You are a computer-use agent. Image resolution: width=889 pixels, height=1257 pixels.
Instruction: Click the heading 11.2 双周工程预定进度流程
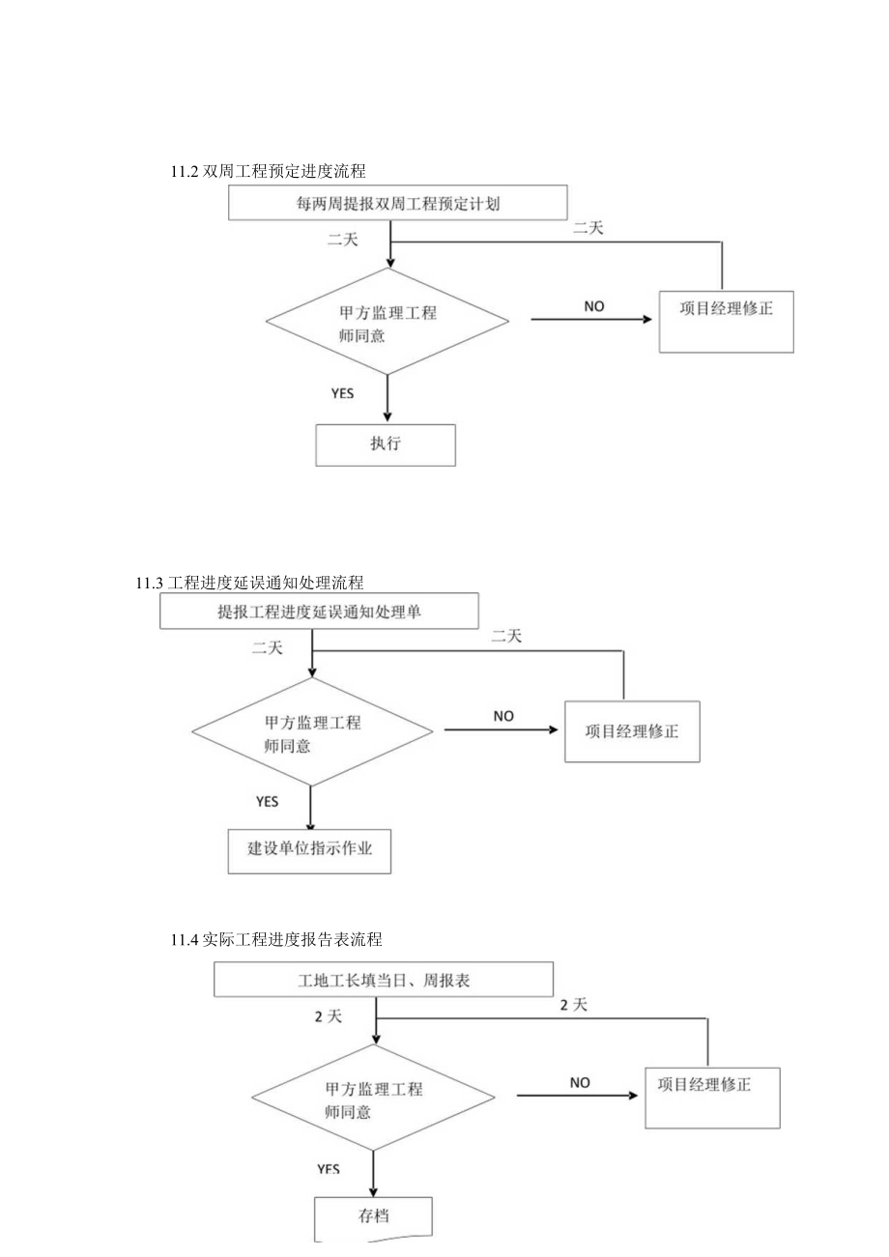(268, 171)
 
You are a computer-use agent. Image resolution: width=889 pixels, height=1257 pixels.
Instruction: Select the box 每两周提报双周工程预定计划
(397, 204)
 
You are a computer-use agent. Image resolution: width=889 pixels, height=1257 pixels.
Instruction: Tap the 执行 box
(386, 444)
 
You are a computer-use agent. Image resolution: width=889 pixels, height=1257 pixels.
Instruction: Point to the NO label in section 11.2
(594, 306)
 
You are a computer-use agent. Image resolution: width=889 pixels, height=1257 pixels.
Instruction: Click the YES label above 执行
(343, 393)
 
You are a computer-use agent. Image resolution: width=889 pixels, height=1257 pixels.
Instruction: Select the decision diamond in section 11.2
(387, 325)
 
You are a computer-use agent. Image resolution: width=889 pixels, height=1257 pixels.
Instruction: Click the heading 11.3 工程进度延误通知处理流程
(250, 582)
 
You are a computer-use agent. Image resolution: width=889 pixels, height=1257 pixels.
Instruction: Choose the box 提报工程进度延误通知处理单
(319, 612)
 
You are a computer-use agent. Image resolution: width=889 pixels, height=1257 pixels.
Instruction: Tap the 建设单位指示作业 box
(310, 850)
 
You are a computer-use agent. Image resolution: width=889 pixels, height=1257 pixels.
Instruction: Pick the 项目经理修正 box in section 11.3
(632, 730)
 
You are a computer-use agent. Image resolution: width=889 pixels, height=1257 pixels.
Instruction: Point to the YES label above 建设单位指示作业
(268, 801)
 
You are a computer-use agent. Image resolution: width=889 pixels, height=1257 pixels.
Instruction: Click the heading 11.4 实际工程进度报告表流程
(276, 939)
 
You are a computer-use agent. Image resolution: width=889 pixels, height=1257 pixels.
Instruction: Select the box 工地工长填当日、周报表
(384, 980)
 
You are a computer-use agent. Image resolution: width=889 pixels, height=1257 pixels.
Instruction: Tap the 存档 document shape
(373, 1216)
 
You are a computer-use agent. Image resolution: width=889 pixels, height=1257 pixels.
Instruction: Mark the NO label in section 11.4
(580, 1083)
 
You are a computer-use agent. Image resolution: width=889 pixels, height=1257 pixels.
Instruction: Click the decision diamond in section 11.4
(373, 1099)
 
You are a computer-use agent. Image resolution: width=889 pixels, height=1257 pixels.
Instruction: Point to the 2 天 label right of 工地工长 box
(573, 1005)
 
